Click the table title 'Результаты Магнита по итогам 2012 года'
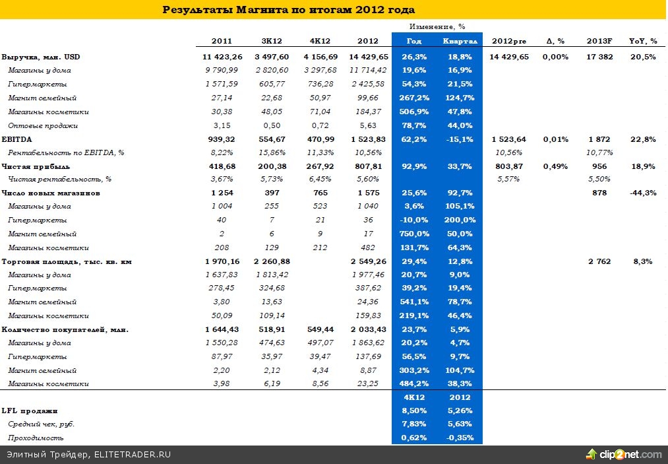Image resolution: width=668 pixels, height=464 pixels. click(x=288, y=9)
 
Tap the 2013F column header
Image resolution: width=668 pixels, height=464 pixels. click(x=599, y=41)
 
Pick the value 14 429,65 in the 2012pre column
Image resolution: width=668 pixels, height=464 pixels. click(x=509, y=57)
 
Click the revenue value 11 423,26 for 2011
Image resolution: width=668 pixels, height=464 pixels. click(x=222, y=57)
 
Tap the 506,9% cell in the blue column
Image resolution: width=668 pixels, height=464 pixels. click(x=414, y=112)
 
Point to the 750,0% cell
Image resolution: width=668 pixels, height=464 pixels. click(x=414, y=234)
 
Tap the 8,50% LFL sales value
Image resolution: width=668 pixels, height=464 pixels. click(x=414, y=411)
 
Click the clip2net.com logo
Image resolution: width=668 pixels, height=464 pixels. click(x=624, y=454)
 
